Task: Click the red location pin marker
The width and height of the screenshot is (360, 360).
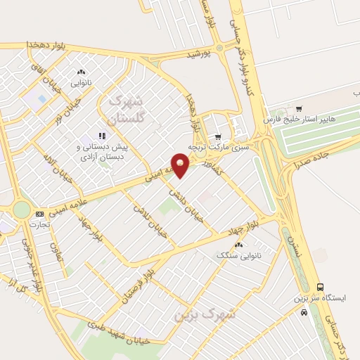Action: [181, 165]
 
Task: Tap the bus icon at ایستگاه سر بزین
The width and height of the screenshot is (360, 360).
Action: [321, 287]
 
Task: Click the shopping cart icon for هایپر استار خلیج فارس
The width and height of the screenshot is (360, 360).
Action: [299, 109]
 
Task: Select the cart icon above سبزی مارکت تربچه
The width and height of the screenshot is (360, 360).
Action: [218, 137]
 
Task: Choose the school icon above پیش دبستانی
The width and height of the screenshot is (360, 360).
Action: [102, 136]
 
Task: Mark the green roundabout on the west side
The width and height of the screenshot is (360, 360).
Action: [22, 210]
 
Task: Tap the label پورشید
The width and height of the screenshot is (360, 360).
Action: [199, 54]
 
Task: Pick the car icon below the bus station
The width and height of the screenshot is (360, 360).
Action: [304, 312]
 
